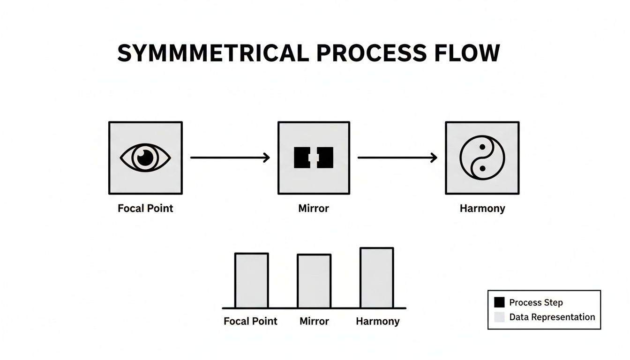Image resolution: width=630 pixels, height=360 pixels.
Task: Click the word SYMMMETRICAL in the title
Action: click(213, 53)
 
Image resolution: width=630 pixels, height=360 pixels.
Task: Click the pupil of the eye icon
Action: click(146, 157)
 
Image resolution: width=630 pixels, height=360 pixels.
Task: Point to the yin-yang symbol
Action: click(482, 157)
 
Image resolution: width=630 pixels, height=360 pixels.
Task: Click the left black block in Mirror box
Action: click(302, 157)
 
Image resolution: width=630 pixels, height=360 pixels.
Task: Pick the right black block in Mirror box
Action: click(325, 157)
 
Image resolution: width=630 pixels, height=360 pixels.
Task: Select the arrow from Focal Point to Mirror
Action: click(230, 157)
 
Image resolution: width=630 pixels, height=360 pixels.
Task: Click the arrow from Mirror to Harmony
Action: click(397, 157)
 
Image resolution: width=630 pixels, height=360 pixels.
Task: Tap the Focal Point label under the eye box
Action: click(145, 208)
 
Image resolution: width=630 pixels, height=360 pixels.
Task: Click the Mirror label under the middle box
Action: click(314, 208)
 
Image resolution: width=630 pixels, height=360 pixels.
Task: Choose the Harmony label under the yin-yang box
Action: click(482, 208)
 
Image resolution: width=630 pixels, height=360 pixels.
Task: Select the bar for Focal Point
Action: click(252, 280)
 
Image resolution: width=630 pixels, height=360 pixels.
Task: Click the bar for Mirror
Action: click(314, 281)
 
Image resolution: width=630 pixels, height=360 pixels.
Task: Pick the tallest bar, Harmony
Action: click(377, 277)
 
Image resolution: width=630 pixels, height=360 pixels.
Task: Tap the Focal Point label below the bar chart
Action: click(250, 321)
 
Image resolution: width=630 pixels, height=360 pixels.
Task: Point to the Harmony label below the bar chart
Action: click(377, 321)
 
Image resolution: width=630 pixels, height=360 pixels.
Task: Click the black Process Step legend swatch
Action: click(500, 302)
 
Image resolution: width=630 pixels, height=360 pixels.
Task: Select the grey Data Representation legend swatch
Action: click(500, 317)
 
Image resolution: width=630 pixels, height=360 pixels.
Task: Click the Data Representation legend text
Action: click(552, 317)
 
